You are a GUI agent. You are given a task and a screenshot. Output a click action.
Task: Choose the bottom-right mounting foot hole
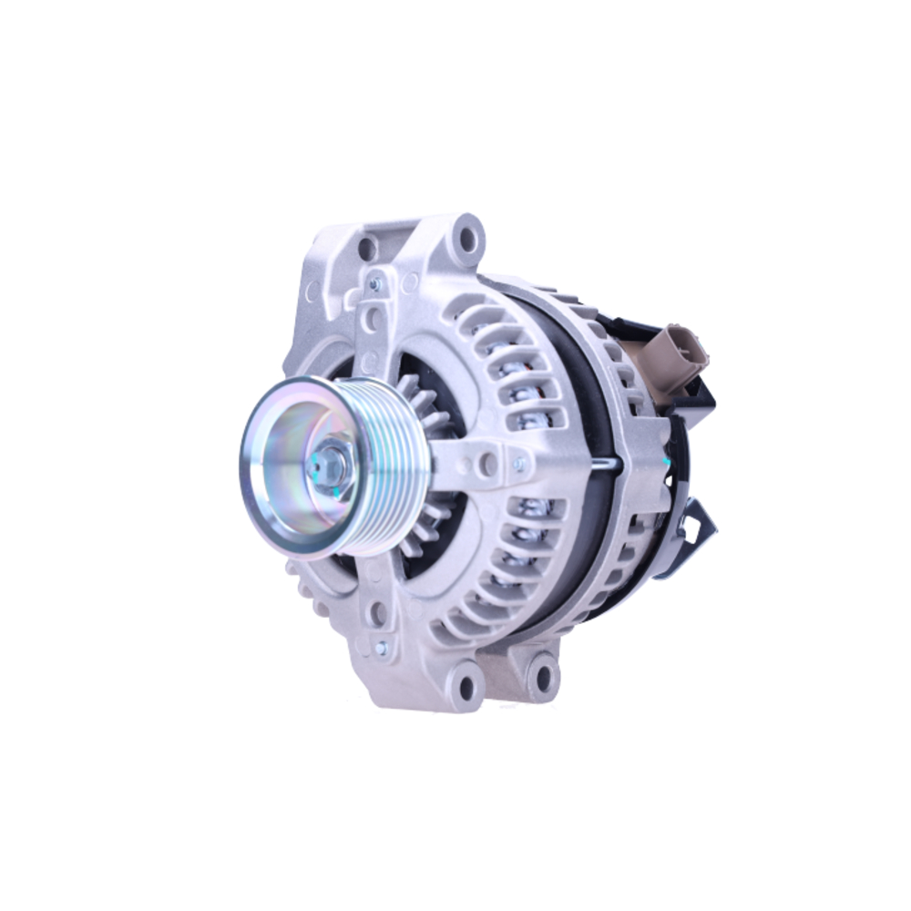543,677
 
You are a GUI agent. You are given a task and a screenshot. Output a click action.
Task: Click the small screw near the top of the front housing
374,285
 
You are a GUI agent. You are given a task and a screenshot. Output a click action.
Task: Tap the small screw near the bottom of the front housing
381,648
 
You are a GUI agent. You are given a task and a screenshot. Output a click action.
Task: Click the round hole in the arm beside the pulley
488,462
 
